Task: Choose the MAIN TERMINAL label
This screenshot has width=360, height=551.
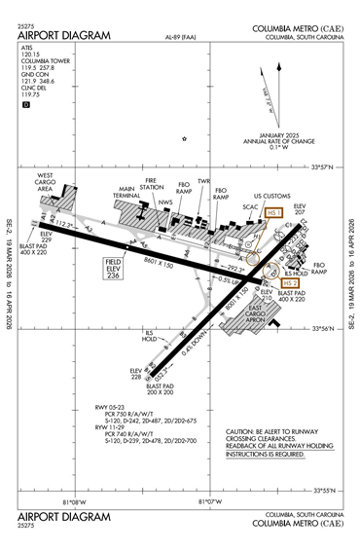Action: tap(126, 193)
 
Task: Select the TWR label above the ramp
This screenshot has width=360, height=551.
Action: tap(203, 181)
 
